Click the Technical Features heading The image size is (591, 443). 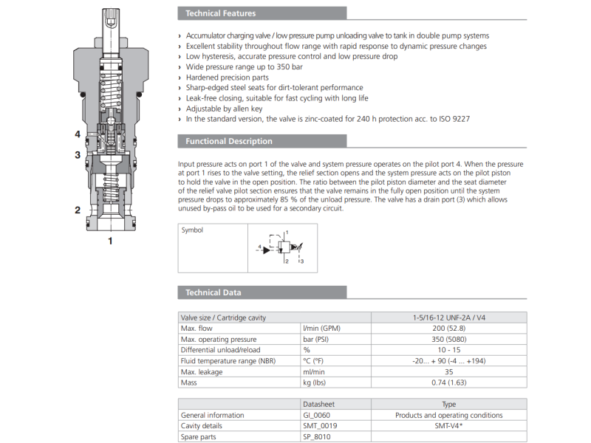tap(220, 13)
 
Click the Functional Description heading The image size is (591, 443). tap(228, 141)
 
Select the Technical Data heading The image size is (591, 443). tap(213, 292)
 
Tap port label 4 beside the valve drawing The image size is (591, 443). tap(77, 134)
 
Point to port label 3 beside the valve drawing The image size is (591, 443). tap(77, 155)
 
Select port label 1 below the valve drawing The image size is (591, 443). tap(110, 241)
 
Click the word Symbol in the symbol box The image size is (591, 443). tap(192, 230)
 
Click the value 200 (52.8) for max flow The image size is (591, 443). tap(448, 328)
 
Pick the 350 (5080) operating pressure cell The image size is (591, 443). tap(448, 339)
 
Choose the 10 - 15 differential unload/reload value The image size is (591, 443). tap(448, 349)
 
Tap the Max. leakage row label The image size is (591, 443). tap(202, 371)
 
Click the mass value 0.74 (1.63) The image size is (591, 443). tap(448, 382)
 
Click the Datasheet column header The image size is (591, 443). tap(321, 405)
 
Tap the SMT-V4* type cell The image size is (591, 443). tap(448, 426)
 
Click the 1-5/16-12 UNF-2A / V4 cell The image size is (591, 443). tap(448, 317)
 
